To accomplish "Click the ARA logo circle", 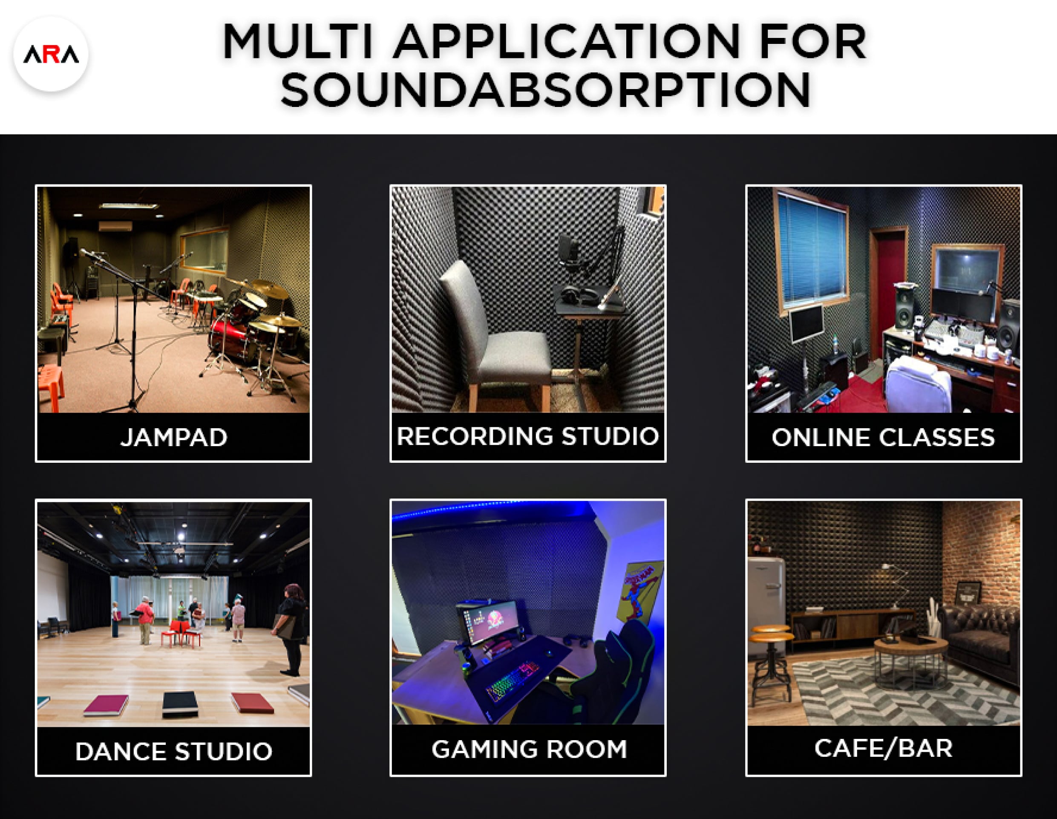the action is [51, 54].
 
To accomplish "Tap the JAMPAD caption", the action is [174, 438].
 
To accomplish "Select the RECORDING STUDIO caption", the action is [527, 436].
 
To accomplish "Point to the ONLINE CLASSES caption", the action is [883, 438].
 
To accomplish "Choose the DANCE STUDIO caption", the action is [174, 752].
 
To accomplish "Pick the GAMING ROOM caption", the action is [529, 749].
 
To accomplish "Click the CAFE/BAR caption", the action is [883, 748].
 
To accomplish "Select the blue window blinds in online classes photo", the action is [812, 249].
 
